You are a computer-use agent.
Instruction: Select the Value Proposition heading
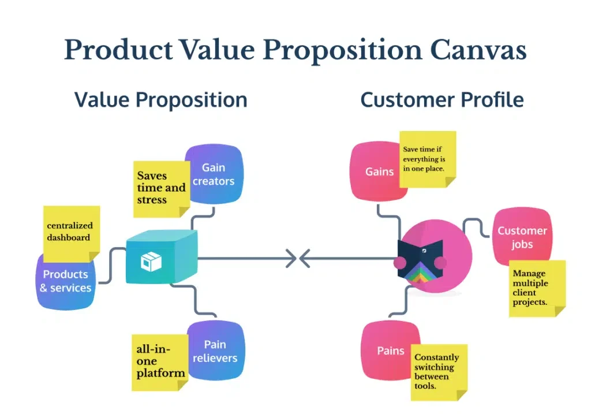(160, 100)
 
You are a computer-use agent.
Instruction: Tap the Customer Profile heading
(442, 100)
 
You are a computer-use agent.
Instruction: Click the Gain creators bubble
(217, 174)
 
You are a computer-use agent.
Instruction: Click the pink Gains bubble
(376, 171)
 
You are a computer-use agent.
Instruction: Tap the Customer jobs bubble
(522, 237)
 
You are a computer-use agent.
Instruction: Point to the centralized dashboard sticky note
(70, 232)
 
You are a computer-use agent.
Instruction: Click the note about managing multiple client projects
(535, 288)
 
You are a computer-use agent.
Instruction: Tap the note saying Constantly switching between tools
(438, 372)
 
